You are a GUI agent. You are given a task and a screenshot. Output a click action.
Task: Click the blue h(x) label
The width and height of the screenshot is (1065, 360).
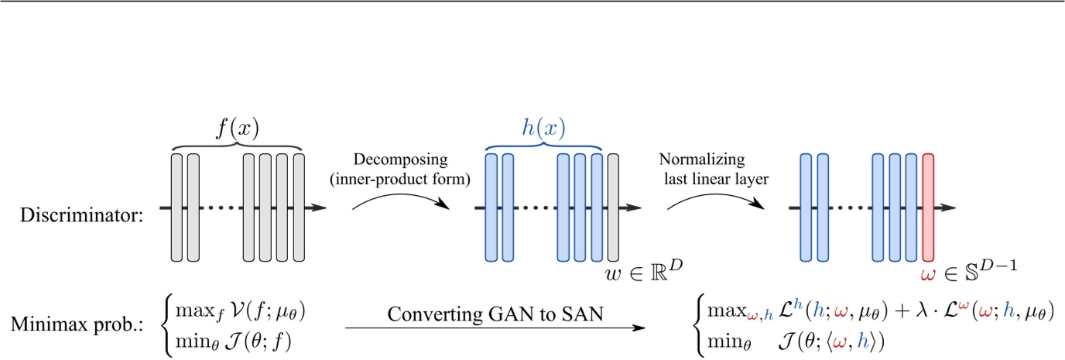coord(543,127)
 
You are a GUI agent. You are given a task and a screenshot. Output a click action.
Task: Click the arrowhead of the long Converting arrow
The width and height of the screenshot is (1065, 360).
coord(641,328)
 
